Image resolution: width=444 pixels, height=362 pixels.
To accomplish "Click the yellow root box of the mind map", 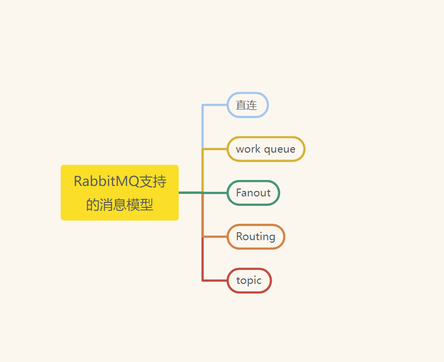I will [119, 192].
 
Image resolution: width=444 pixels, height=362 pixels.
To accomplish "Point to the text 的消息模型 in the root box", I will [119, 204].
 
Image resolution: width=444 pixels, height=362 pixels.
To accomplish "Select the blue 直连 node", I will [247, 105].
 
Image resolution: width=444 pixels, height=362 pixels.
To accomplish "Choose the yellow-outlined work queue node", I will [266, 149].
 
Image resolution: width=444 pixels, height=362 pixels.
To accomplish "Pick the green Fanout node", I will [253, 193].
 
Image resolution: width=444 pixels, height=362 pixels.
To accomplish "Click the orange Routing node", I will [256, 237].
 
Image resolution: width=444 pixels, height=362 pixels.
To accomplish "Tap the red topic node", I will [249, 280].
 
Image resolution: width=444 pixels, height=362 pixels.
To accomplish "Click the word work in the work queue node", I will [247, 149].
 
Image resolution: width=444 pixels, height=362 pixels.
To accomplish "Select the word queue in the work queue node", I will [280, 149].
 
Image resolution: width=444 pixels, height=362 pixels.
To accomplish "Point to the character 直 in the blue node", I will [241, 105].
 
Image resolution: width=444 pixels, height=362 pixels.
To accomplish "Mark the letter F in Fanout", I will [239, 193].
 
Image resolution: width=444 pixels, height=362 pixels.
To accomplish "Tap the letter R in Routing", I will [239, 237].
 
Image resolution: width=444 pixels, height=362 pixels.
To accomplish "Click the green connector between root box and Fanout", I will [191, 192].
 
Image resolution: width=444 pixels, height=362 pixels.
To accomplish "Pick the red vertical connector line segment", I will [203, 259].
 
